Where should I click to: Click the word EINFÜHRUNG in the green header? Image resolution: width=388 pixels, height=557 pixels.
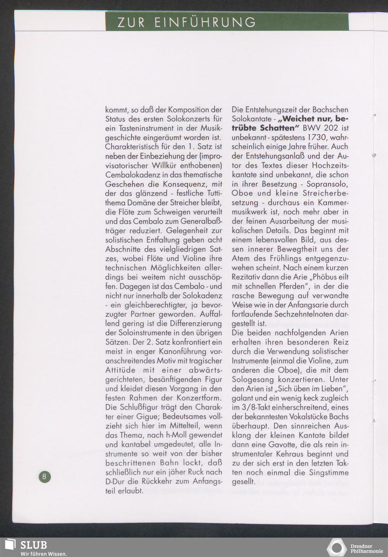[x=205, y=22]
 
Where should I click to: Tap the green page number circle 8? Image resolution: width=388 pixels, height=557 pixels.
[x=44, y=476]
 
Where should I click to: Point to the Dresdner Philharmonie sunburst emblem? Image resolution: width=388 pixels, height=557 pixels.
[x=336, y=548]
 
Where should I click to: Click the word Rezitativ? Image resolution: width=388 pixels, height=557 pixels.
[x=246, y=277]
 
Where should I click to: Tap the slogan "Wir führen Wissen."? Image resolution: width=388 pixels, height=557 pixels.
[x=44, y=554]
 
